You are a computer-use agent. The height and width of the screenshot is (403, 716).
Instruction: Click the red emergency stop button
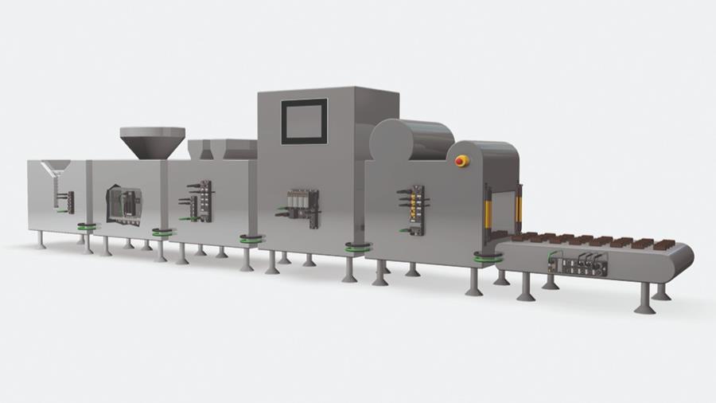[461, 161]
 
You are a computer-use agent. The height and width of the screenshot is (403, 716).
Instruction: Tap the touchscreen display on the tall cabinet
[304, 121]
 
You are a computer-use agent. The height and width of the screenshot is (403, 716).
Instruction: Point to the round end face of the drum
[391, 142]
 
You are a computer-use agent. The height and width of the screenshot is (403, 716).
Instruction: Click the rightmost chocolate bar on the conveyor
[664, 243]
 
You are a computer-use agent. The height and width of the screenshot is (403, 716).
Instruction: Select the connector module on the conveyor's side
[579, 264]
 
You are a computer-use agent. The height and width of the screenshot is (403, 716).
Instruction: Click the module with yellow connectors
[414, 209]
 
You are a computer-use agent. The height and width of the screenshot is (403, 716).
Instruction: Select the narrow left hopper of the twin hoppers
[197, 149]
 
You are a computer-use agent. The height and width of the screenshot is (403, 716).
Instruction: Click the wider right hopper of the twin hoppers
[234, 149]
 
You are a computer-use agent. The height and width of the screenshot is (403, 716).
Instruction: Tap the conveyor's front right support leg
[644, 298]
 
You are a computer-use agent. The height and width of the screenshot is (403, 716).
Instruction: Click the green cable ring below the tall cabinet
[356, 248]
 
